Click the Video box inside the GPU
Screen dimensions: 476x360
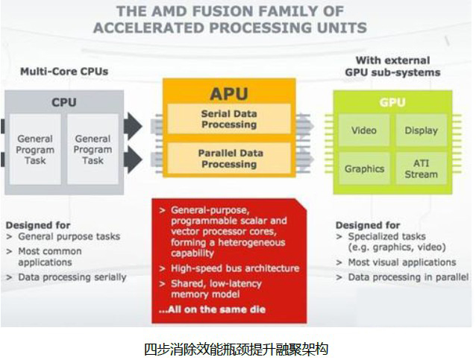364,130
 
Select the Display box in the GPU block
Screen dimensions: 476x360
421,130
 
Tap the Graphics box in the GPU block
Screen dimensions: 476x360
364,168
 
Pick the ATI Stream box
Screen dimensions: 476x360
421,168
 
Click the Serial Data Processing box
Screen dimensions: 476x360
229,119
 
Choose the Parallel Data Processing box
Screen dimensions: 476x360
229,158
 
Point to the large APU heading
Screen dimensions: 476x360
229,94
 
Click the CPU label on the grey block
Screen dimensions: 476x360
63,102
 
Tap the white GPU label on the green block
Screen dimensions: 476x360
392,102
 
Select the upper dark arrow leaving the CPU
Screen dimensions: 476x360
133,126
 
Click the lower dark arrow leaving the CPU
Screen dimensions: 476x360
133,160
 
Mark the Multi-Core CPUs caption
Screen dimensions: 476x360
64,72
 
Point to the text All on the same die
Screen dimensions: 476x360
212,309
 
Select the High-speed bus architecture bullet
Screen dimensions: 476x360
230,268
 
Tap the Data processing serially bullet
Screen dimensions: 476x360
66,277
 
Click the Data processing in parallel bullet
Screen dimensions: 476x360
403,277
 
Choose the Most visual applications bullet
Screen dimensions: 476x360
396,262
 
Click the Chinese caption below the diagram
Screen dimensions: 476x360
236,349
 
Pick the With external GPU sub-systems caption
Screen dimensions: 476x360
392,66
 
